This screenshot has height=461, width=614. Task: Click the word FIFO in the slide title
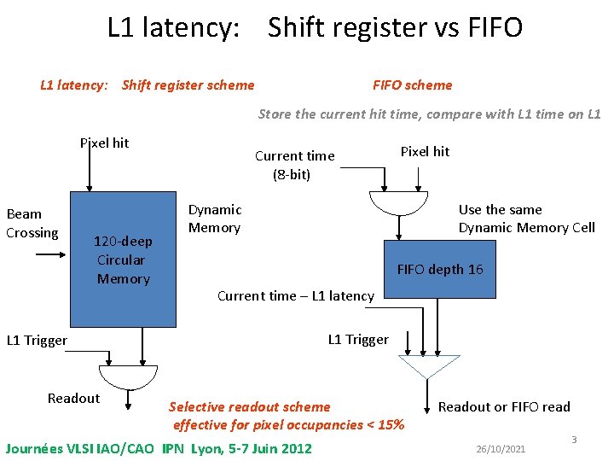click(495, 28)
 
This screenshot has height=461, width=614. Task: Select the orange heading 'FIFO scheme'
click(413, 85)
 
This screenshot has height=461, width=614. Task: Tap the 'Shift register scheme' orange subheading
click(188, 85)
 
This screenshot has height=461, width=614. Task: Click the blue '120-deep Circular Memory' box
click(123, 260)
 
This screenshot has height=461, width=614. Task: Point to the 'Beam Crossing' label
click(32, 224)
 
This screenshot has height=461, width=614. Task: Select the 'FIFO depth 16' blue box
click(440, 269)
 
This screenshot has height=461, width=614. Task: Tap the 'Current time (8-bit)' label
click(294, 165)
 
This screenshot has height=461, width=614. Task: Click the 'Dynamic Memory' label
click(215, 219)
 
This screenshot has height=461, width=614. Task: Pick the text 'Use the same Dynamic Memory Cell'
click(526, 219)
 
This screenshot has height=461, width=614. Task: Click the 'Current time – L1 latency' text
click(296, 296)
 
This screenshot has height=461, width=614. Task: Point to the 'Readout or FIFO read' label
click(504, 406)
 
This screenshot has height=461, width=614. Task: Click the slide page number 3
click(574, 440)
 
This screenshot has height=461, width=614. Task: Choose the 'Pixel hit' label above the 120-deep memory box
click(104, 143)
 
